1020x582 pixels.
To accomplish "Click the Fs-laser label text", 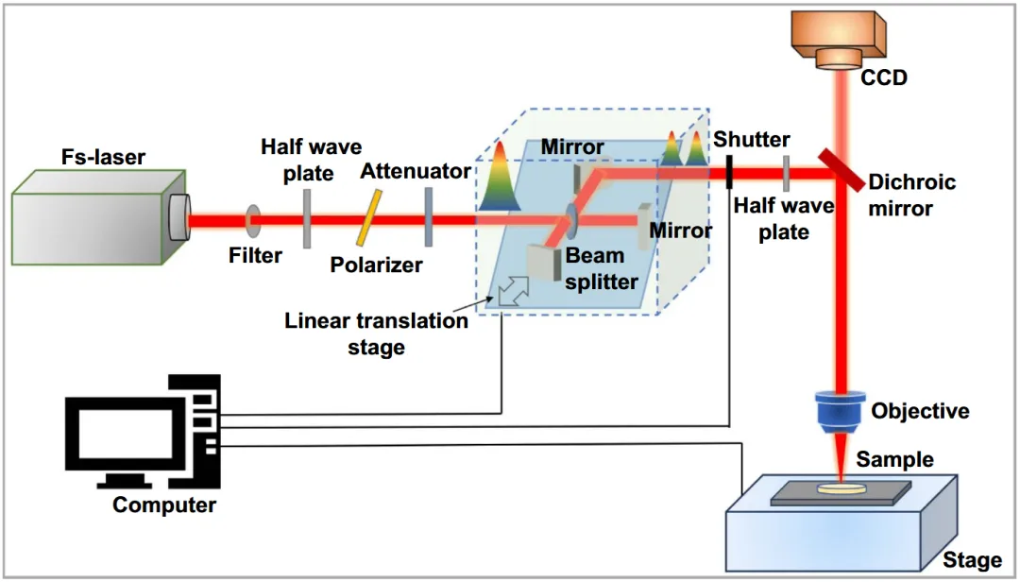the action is [103, 157].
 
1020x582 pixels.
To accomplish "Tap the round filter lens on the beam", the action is [252, 221].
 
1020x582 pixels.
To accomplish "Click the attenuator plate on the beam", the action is [428, 217].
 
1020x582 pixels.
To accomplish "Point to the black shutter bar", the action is [729, 172].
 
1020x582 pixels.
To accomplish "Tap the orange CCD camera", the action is [838, 40].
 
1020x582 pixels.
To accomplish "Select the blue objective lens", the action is [840, 411].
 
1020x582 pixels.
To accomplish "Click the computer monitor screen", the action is [126, 436].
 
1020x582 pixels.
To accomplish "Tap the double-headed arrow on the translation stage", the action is [513, 291].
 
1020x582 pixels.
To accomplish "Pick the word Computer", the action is [164, 505].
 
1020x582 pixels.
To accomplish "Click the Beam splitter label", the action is [601, 268].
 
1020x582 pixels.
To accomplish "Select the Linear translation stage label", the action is [376, 334].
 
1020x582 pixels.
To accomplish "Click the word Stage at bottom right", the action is [972, 560].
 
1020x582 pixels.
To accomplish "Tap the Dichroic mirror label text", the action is [912, 195].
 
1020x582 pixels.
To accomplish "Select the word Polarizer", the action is [376, 265].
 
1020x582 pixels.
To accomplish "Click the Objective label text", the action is [920, 411].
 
